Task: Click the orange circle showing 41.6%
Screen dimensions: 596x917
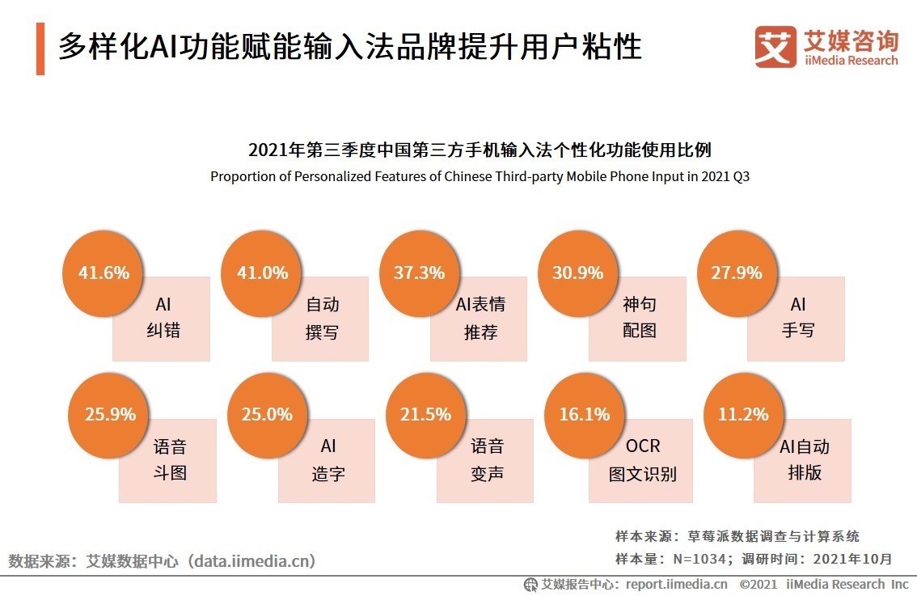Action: pyautogui.click(x=104, y=273)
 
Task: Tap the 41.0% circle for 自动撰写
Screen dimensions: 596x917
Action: pyautogui.click(x=262, y=273)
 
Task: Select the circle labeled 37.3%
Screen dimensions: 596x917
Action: pyautogui.click(x=420, y=273)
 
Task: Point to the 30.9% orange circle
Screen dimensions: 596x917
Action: pyautogui.click(x=578, y=273)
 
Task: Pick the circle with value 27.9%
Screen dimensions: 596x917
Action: pyautogui.click(x=737, y=273)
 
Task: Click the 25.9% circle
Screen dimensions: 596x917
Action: pyautogui.click(x=110, y=415)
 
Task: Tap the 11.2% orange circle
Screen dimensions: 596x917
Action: pyautogui.click(x=743, y=415)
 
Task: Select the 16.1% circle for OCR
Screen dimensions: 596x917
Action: pyautogui.click(x=585, y=415)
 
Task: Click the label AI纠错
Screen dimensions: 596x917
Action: pyautogui.click(x=163, y=318)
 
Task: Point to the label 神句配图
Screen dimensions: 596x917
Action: pyautogui.click(x=639, y=318)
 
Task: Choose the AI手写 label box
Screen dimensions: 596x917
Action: pyautogui.click(x=797, y=318)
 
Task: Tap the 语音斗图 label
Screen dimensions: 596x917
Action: pyautogui.click(x=170, y=459)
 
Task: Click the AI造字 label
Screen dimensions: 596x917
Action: pyautogui.click(x=328, y=459)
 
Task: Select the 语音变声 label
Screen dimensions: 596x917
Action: pyautogui.click(x=487, y=459)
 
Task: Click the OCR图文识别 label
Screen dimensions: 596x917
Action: pyautogui.click(x=643, y=459)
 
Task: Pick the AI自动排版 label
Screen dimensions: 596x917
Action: pyautogui.click(x=804, y=459)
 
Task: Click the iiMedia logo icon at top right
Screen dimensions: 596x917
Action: pyautogui.click(x=775, y=47)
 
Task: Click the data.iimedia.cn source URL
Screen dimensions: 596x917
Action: pyautogui.click(x=251, y=560)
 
